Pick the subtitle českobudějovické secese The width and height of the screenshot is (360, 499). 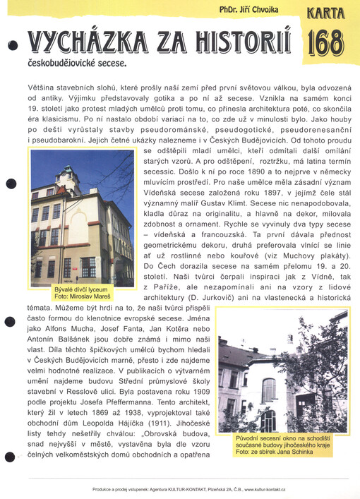pyautogui.click(x=78, y=64)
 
